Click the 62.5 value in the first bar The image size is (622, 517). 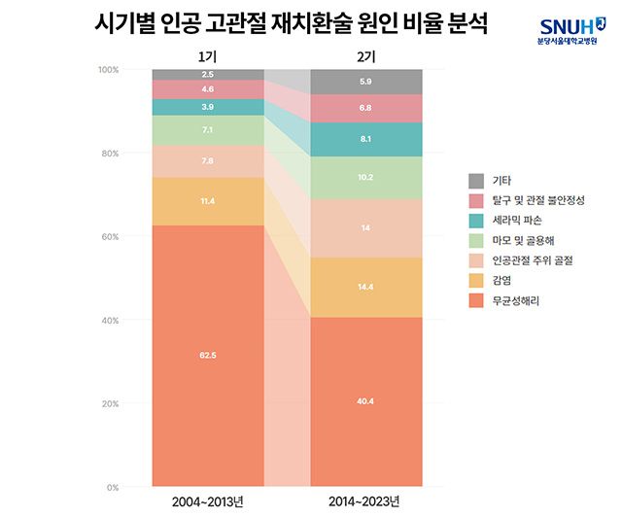(x=208, y=356)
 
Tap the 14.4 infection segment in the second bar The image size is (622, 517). (x=366, y=288)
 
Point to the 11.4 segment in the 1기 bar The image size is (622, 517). (x=208, y=201)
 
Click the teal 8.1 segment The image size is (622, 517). (x=366, y=139)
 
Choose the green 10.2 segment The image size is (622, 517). (x=366, y=178)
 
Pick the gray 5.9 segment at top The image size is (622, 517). (x=366, y=82)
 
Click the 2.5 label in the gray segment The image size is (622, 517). (x=208, y=75)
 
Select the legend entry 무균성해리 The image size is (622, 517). (x=515, y=301)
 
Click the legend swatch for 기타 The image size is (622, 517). (x=476, y=181)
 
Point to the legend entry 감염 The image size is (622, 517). (x=502, y=281)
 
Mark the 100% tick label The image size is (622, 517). (x=107, y=70)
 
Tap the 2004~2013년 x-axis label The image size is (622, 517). (x=208, y=501)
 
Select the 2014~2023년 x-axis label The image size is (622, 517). (x=366, y=501)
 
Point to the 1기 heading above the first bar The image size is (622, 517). (x=208, y=55)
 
